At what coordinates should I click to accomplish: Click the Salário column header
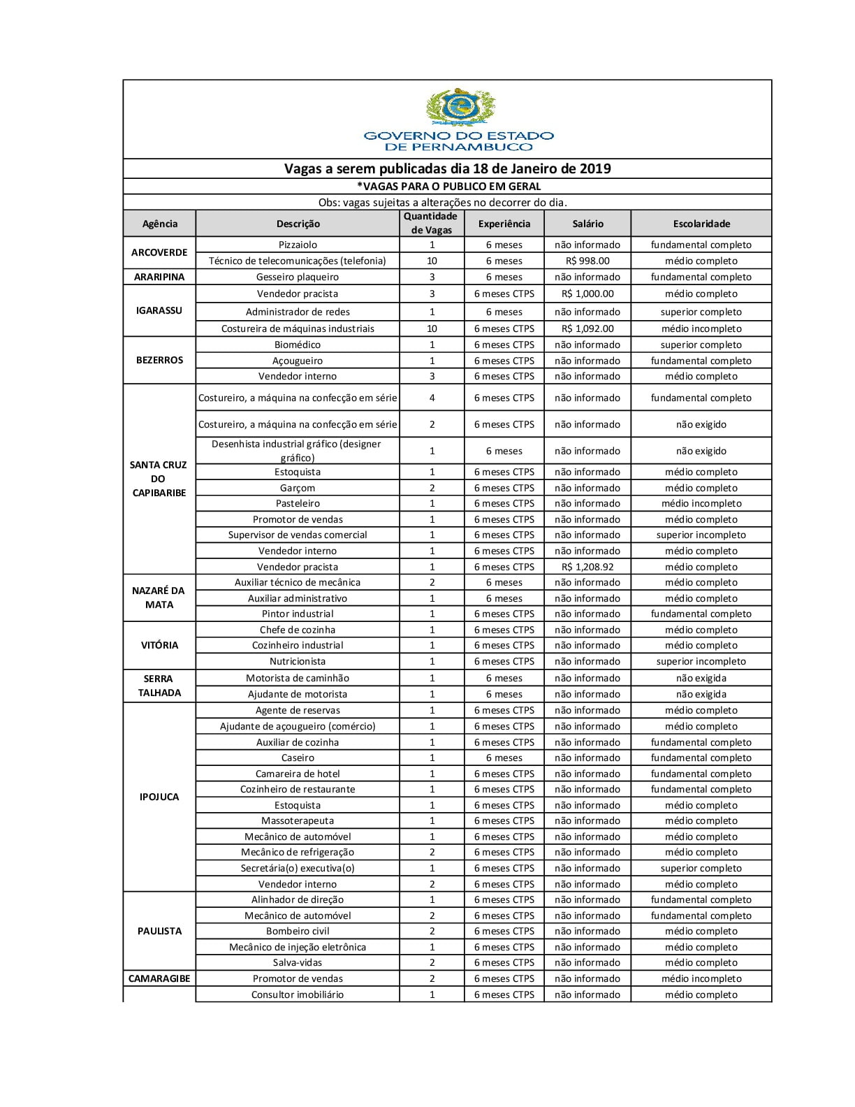pyautogui.click(x=587, y=224)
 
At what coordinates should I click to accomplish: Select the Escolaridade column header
pyautogui.click(x=701, y=224)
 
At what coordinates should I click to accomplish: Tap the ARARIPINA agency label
pyautogui.click(x=159, y=277)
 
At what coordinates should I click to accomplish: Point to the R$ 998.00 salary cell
pyautogui.click(x=587, y=261)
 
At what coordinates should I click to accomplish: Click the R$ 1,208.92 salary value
pyautogui.click(x=587, y=567)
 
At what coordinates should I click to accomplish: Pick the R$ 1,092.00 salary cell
pyautogui.click(x=587, y=328)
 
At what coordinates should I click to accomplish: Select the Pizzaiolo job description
pyautogui.click(x=298, y=245)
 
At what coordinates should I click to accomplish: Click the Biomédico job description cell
pyautogui.click(x=298, y=345)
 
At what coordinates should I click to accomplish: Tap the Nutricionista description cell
pyautogui.click(x=298, y=661)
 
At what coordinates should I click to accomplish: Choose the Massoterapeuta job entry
pyautogui.click(x=298, y=820)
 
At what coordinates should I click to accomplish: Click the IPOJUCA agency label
pyautogui.click(x=159, y=797)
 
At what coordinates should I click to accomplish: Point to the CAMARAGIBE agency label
pyautogui.click(x=159, y=978)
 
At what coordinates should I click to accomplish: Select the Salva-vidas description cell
pyautogui.click(x=298, y=962)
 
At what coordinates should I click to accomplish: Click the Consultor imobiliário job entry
pyautogui.click(x=298, y=994)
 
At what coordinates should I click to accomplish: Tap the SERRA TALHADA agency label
pyautogui.click(x=159, y=686)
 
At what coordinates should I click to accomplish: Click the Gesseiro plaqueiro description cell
pyautogui.click(x=298, y=277)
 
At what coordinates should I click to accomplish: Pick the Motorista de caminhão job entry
pyautogui.click(x=298, y=678)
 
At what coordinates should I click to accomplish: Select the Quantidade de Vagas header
pyautogui.click(x=431, y=223)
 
